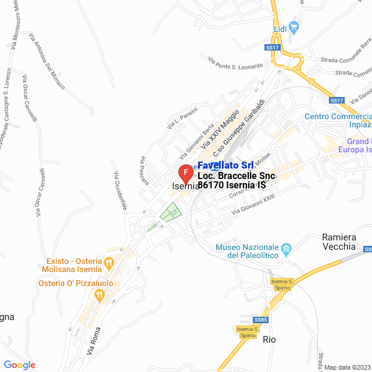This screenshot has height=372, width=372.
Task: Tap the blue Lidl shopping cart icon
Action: pyautogui.click(x=294, y=26)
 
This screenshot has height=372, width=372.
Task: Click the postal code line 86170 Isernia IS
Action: pyautogui.click(x=231, y=185)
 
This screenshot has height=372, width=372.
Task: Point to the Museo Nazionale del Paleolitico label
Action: pyautogui.click(x=246, y=251)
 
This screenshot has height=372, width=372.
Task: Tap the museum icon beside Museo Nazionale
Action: pyautogui.click(x=285, y=251)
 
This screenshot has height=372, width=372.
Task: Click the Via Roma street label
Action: pyautogui.click(x=94, y=343)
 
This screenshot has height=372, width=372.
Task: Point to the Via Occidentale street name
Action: pyautogui.click(x=120, y=191)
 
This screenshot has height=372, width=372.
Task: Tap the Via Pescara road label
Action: pyautogui.click(x=144, y=170)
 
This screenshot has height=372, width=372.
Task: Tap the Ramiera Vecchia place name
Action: pyautogui.click(x=339, y=241)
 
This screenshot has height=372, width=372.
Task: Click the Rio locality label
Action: pyautogui.click(x=269, y=339)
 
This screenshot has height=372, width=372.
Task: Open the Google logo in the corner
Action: pyautogui.click(x=20, y=365)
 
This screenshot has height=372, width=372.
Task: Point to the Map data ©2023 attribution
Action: pyautogui.click(x=346, y=367)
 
